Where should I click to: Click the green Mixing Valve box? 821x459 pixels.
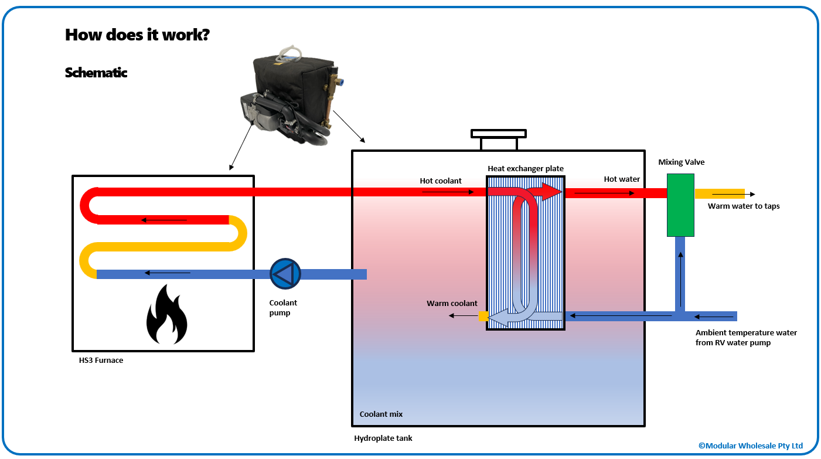tap(680, 205)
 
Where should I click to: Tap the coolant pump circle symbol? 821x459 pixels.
tap(285, 274)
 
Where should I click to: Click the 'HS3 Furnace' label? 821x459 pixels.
tap(101, 361)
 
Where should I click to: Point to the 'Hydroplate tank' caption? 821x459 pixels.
tap(383, 438)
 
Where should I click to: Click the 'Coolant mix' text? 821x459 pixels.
tap(381, 414)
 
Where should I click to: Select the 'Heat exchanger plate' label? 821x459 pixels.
tap(526, 169)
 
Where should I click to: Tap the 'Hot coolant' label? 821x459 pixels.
tap(441, 181)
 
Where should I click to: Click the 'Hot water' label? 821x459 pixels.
tap(622, 179)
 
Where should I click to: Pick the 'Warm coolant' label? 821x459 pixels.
tap(452, 304)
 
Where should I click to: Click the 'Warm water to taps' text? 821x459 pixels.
tap(744, 206)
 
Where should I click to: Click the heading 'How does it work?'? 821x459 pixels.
tap(138, 35)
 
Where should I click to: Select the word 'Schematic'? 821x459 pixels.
tap(96, 73)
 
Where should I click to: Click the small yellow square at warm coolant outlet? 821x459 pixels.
tap(483, 317)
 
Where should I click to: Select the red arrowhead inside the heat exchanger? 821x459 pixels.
tap(550, 191)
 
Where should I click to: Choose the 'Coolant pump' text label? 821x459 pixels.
tap(283, 308)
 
